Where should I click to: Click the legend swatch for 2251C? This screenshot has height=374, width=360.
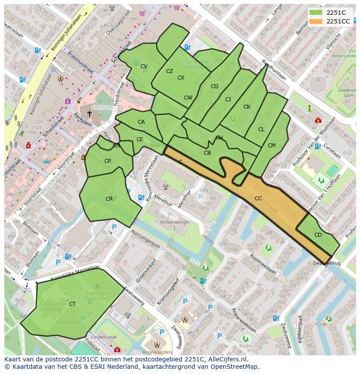(316, 13)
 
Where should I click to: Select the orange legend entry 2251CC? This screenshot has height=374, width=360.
(316, 21)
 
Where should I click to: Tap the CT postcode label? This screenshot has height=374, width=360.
(72, 304)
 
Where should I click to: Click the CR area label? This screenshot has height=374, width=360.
(109, 199)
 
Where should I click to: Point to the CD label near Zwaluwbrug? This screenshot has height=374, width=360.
(318, 235)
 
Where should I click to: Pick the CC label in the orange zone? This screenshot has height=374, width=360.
(258, 199)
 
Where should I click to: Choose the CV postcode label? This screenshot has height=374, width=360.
(144, 66)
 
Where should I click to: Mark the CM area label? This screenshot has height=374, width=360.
(272, 146)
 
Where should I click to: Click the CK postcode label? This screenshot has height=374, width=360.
(247, 107)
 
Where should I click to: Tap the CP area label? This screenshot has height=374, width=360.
(107, 161)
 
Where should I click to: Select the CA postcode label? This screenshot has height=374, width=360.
(141, 122)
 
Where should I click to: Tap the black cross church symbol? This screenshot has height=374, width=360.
(89, 114)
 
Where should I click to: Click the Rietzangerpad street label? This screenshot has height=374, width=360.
(146, 240)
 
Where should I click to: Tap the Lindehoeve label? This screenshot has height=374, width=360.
(110, 337)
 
